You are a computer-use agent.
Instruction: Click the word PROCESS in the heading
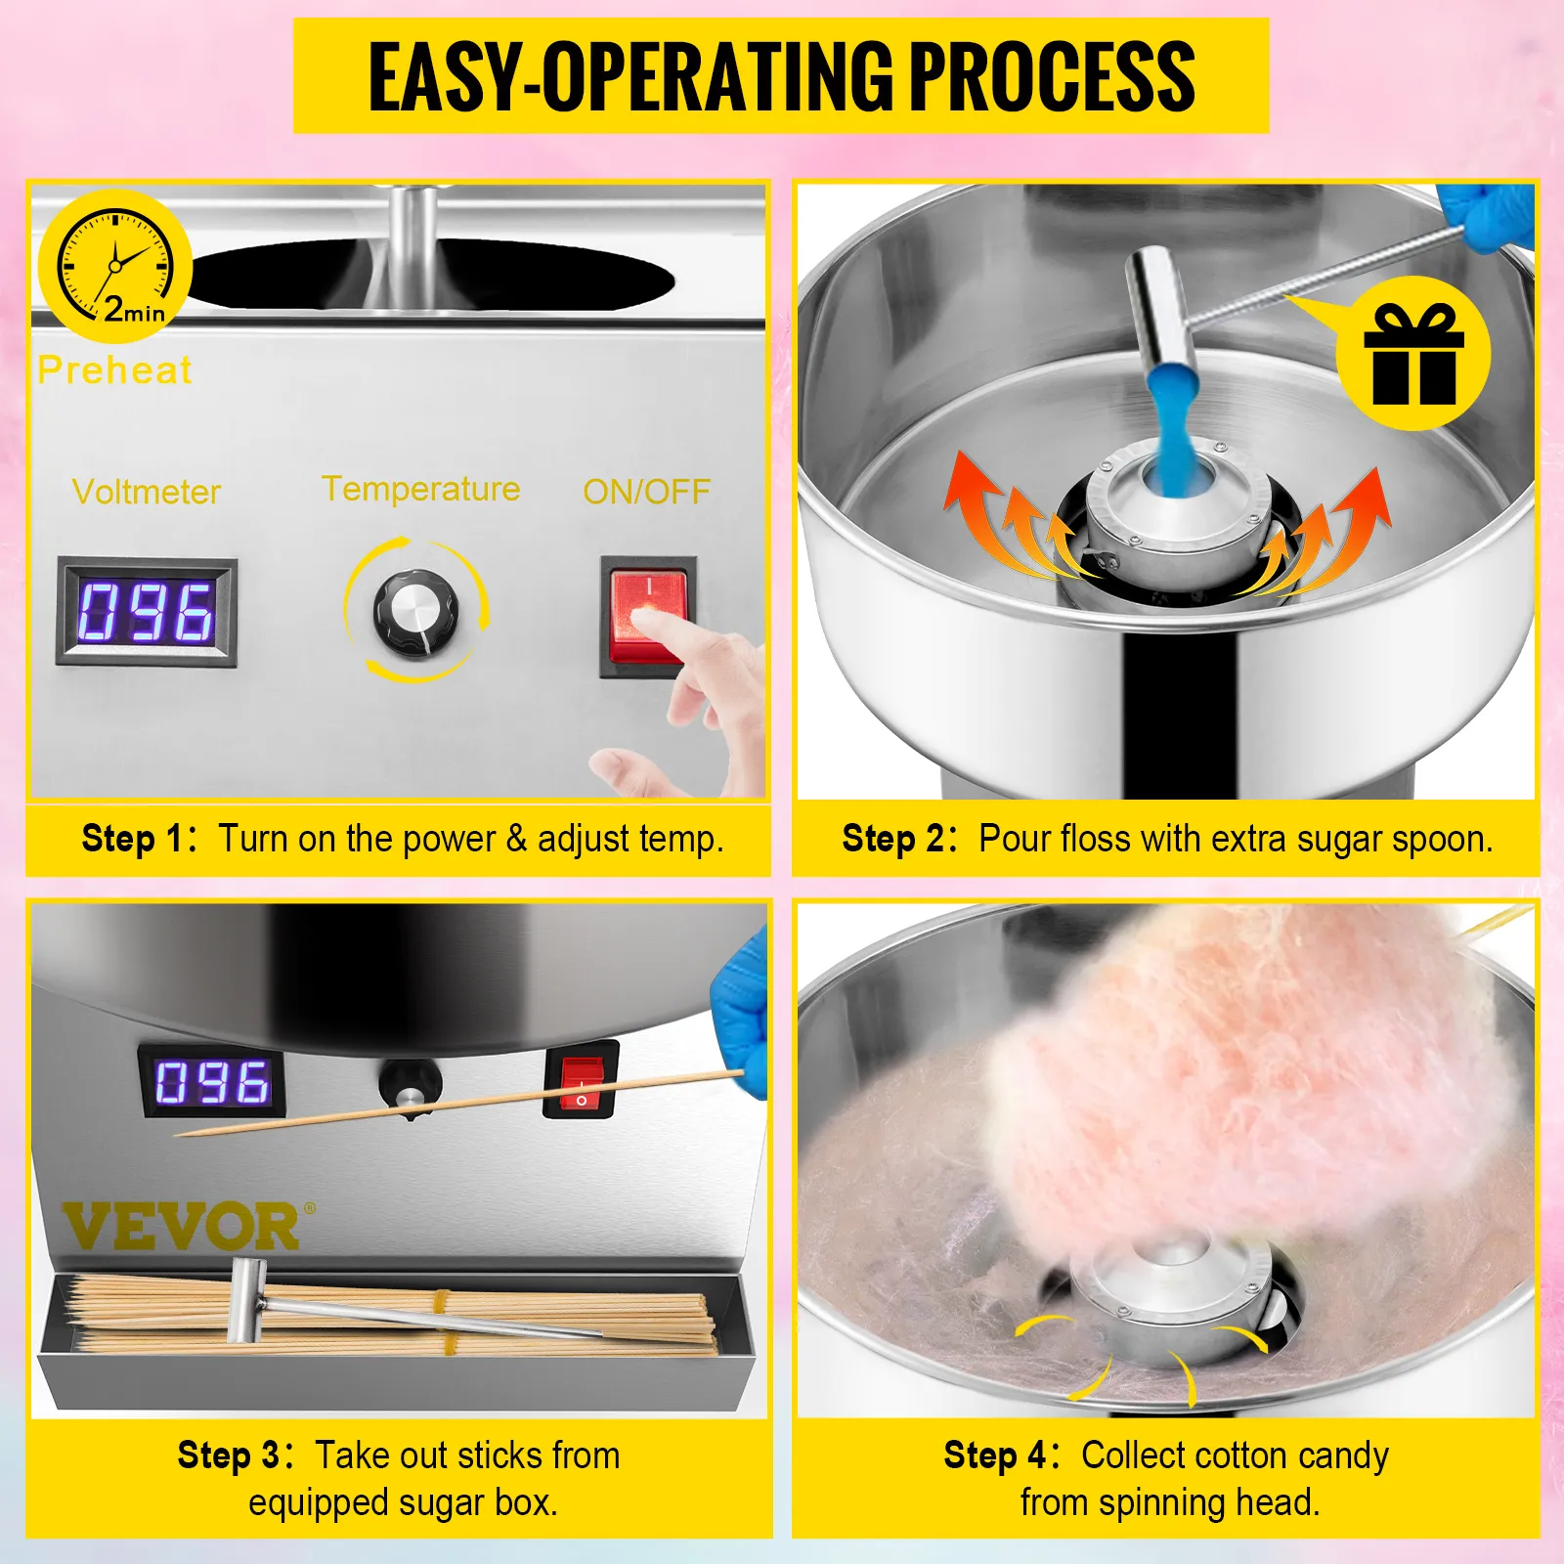[x=1053, y=76]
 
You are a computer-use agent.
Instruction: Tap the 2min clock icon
[x=115, y=266]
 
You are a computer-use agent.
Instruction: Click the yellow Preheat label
[x=115, y=370]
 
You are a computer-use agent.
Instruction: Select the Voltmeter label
[x=147, y=492]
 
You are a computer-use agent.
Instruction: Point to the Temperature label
[x=421, y=489]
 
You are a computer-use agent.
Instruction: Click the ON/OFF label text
[x=646, y=492]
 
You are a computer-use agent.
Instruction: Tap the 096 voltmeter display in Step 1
[x=147, y=612]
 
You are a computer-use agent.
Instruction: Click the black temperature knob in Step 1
[x=415, y=613]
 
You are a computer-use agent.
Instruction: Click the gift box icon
[x=1413, y=353]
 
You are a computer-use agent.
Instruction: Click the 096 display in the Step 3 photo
[x=212, y=1082]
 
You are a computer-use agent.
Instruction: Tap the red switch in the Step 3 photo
[x=582, y=1082]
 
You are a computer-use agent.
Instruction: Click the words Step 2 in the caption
[x=893, y=839]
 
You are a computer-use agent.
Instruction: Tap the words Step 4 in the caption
[x=995, y=1455]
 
